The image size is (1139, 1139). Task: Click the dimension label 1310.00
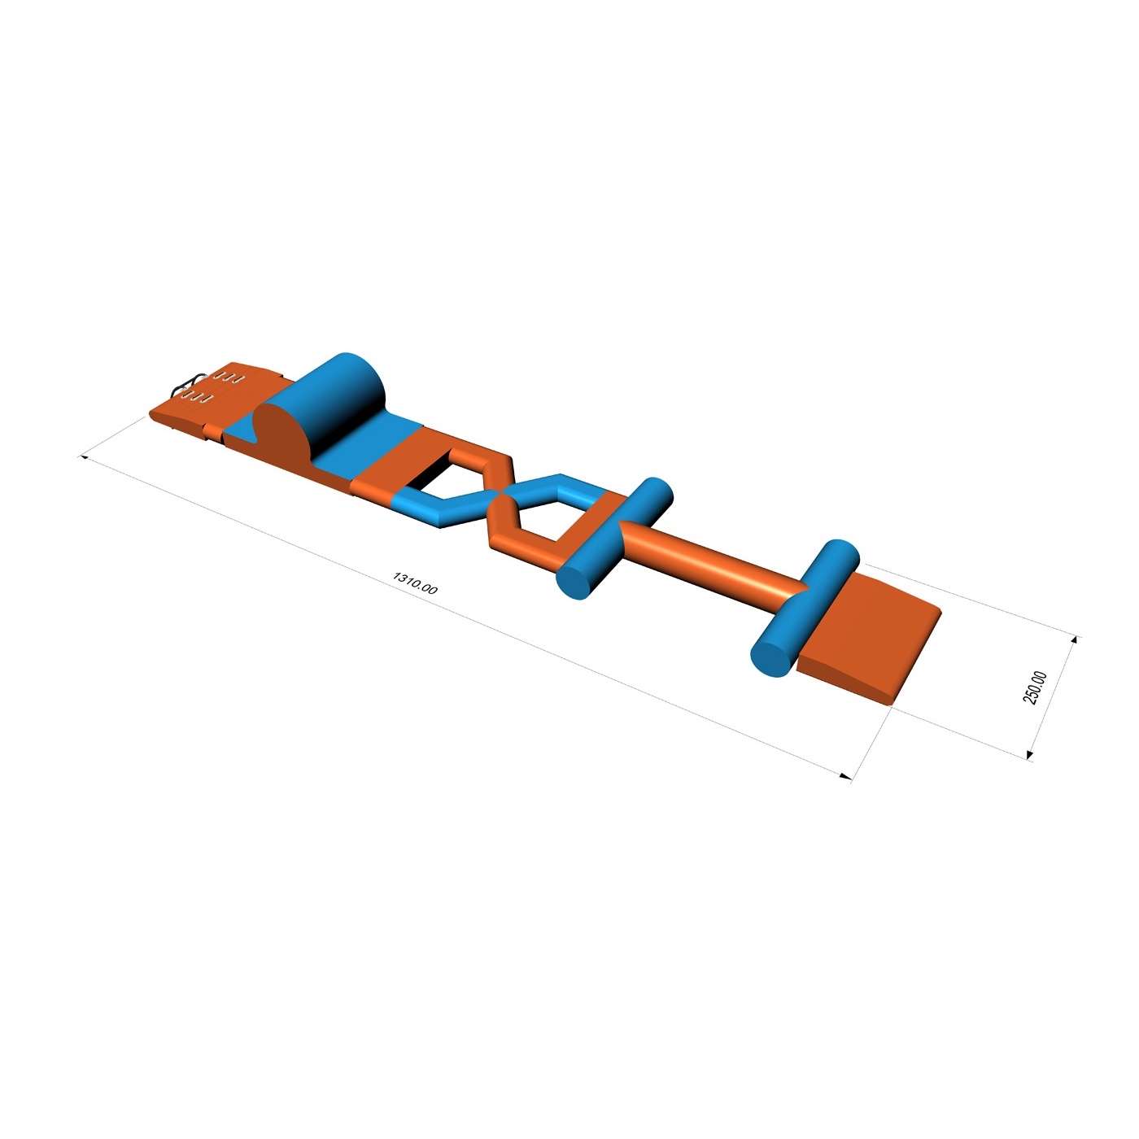(x=415, y=583)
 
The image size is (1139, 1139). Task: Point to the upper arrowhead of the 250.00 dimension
(x=1075, y=639)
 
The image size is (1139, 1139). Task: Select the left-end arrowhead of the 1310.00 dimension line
(x=83, y=456)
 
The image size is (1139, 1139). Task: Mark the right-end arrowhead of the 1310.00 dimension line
(x=846, y=776)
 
